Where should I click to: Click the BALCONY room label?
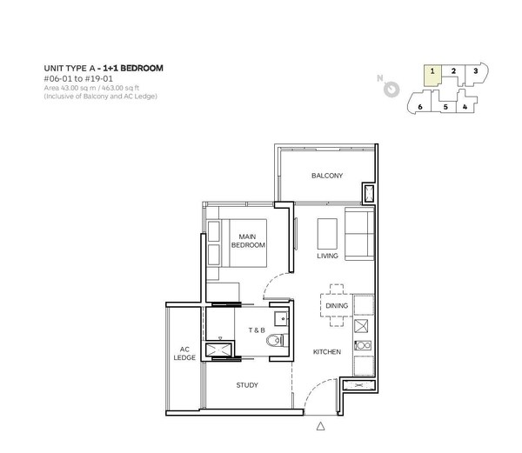327,176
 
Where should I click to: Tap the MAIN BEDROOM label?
248,241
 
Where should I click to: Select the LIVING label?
327,256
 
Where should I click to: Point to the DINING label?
337,306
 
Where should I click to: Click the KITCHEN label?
327,352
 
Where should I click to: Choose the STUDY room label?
247,385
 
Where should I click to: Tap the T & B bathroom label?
257,330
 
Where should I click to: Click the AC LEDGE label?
184,354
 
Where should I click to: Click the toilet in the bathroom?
277,340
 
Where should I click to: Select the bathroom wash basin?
281,318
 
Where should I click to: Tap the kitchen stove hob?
363,345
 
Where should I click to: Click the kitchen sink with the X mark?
361,326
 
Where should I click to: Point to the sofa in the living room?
359,234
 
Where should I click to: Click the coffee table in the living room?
327,234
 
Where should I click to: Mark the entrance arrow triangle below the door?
320,426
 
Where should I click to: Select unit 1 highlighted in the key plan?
432,75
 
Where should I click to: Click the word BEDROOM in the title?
142,68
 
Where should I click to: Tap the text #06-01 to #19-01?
78,79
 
